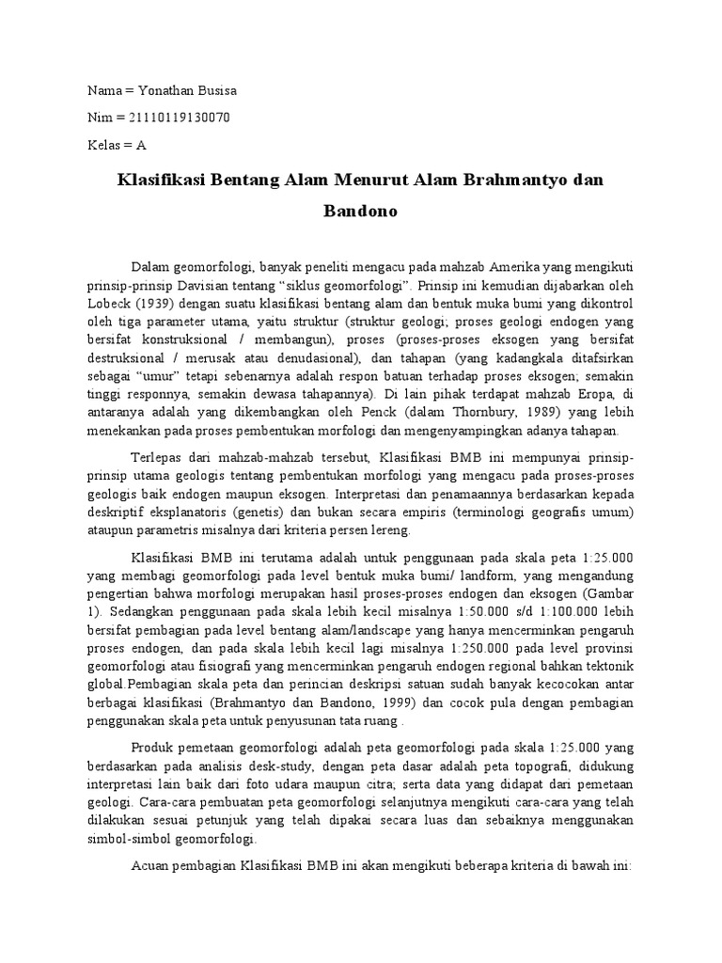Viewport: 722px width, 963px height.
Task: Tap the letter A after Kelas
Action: pyautogui.click(x=142, y=145)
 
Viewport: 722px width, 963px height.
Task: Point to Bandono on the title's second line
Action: pyautogui.click(x=361, y=211)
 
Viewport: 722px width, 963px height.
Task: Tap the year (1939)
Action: pyautogui.click(x=160, y=304)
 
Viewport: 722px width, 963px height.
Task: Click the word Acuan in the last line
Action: pyautogui.click(x=151, y=862)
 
